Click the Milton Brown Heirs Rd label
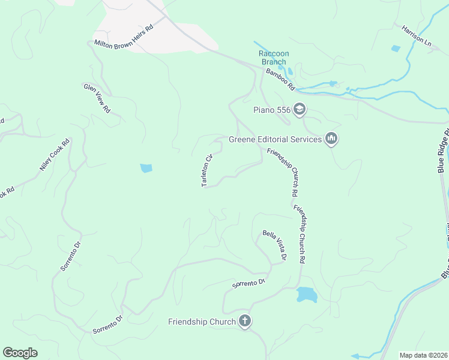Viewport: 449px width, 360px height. coord(124,35)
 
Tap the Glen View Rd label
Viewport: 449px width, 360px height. coord(97,98)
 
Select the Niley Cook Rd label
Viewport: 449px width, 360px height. coord(55,155)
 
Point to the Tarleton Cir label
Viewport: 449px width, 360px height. coord(208,171)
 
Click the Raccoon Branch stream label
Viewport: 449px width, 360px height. coord(274,58)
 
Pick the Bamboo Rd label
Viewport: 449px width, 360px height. coord(281,79)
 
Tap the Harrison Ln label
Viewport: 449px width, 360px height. coord(417,36)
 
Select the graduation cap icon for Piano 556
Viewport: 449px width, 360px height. coord(300,109)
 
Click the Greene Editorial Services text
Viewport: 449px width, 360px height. coord(275,140)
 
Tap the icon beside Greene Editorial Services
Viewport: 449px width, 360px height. coord(331,140)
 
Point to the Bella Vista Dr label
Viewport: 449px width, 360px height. coord(274,245)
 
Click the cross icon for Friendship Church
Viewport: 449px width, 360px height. coord(244,322)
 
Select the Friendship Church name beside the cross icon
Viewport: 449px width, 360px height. coord(202,322)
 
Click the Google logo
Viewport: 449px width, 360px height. coord(20,353)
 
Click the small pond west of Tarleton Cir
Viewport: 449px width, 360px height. coord(146,169)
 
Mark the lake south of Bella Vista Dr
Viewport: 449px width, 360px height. coord(306,294)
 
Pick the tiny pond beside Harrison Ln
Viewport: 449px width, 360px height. coord(395,49)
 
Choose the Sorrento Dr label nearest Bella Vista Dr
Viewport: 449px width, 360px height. coord(249,283)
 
